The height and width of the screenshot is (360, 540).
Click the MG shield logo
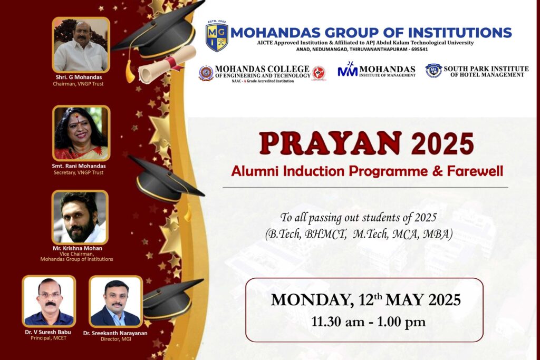[x=217, y=36]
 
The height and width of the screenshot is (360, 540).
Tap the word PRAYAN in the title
[x=330, y=143]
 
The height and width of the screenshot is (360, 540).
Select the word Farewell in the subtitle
[x=475, y=171]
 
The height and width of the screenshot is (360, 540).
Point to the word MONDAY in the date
[x=312, y=300]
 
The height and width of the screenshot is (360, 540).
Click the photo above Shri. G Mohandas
[x=81, y=45]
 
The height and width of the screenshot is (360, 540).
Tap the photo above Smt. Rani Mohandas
[x=81, y=133]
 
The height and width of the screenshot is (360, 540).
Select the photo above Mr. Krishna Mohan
[x=80, y=217]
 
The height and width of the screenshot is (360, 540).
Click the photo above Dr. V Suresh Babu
[x=49, y=301]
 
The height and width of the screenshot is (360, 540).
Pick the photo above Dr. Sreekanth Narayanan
[x=115, y=301]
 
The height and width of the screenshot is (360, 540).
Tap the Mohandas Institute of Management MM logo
[x=348, y=70]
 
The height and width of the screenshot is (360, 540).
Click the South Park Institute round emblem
[x=433, y=71]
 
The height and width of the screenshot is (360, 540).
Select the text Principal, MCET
[x=49, y=338]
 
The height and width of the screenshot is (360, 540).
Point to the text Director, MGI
[x=115, y=339]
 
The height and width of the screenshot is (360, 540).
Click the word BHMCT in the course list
[x=325, y=234]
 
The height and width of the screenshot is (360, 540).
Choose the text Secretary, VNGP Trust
[x=79, y=172]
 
